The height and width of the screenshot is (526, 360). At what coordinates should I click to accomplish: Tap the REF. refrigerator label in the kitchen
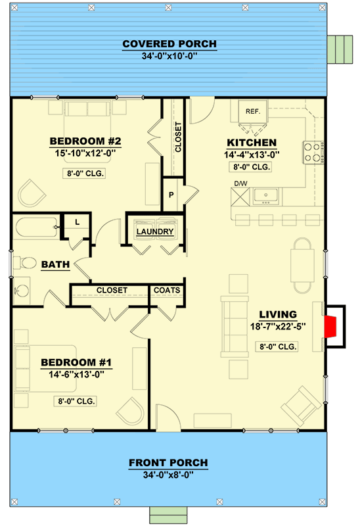(x=253, y=111)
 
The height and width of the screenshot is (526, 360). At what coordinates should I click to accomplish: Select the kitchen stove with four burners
(x=311, y=153)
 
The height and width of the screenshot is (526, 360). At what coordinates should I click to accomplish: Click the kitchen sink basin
(x=267, y=195)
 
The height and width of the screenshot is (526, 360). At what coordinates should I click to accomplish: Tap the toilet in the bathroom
(x=26, y=263)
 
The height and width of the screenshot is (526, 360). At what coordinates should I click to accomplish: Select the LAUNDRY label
(x=155, y=231)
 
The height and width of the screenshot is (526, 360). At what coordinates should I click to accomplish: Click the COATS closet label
(x=167, y=290)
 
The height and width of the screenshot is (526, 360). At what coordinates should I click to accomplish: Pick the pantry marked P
(x=171, y=195)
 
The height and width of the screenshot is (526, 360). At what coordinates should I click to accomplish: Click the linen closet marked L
(x=77, y=222)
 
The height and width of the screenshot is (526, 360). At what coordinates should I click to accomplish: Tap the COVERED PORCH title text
(x=169, y=44)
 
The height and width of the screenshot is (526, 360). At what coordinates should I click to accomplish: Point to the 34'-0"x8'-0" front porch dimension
(x=168, y=475)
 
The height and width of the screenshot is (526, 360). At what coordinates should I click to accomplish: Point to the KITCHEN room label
(x=252, y=143)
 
